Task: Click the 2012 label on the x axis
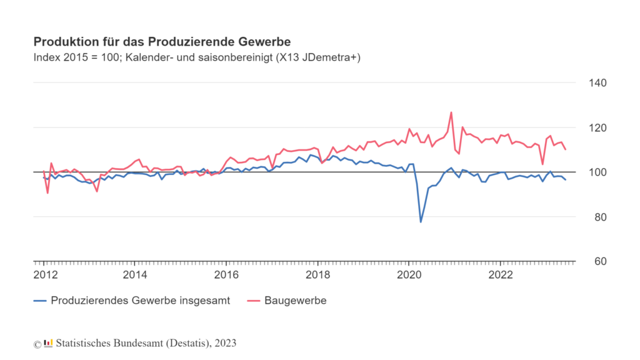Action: point(44,276)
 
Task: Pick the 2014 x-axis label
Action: point(135,276)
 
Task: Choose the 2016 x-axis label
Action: point(226,276)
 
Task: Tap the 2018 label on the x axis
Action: point(317,276)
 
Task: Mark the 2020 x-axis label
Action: point(409,276)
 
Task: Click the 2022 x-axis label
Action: point(501,276)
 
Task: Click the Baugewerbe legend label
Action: point(296,301)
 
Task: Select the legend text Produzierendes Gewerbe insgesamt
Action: point(141,301)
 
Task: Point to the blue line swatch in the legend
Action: point(40,301)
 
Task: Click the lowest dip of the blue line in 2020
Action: point(421,222)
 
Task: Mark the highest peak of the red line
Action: point(451,112)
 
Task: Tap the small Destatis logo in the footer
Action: point(48,343)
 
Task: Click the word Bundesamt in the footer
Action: point(137,343)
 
